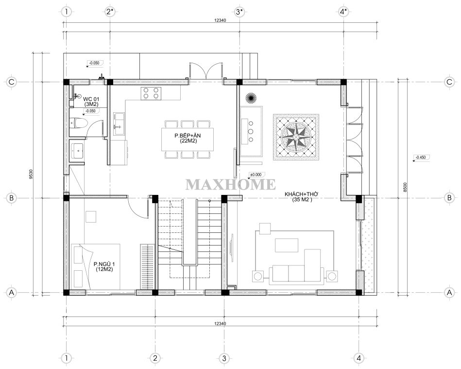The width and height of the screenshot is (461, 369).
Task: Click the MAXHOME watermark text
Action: pyautogui.click(x=230, y=185)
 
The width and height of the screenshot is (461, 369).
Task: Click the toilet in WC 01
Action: pyautogui.click(x=79, y=123)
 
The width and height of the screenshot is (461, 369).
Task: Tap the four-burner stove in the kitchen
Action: pyautogui.click(x=151, y=93)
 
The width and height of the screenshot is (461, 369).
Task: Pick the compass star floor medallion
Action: pyautogui.click(x=296, y=137)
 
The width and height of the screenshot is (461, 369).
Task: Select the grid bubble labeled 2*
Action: pyautogui.click(x=110, y=12)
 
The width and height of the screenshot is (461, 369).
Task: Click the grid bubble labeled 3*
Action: pyautogui.click(x=239, y=12)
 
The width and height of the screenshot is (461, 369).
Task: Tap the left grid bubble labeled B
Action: pyautogui.click(x=12, y=198)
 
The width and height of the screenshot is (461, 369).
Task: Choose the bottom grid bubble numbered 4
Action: pyautogui.click(x=359, y=358)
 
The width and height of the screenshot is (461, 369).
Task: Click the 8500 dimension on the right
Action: pyautogui.click(x=405, y=187)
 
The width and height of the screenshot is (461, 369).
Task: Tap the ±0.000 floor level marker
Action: pyautogui.click(x=255, y=175)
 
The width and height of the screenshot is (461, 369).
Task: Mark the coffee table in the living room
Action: pyautogui.click(x=286, y=245)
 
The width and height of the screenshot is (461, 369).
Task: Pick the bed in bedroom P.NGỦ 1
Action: pyautogui.click(x=95, y=266)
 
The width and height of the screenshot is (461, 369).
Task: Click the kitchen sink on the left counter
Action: pyautogui.click(x=119, y=123)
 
